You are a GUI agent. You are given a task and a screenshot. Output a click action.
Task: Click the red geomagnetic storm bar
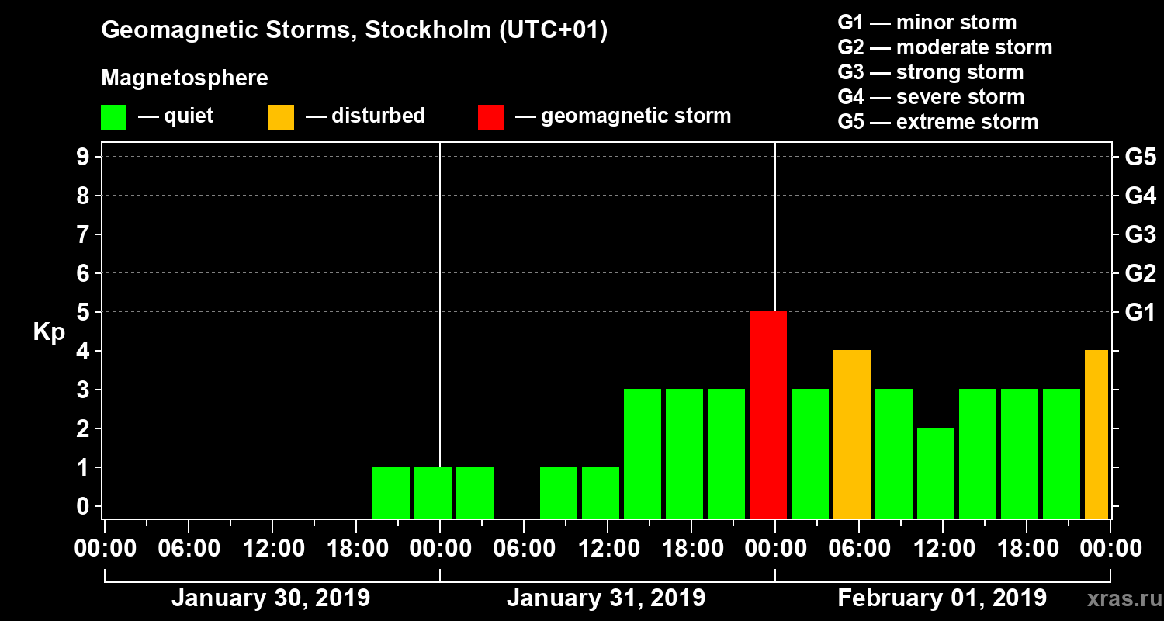768,415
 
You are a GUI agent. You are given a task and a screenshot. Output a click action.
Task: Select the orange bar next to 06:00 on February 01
852,434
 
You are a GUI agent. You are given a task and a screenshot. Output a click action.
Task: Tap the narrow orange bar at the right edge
1096,434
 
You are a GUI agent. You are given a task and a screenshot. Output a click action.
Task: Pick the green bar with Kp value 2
936,473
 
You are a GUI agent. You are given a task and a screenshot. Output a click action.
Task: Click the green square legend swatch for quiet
113,116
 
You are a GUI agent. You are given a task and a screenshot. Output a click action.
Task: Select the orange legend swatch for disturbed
281,116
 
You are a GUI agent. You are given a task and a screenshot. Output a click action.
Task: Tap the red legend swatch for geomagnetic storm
490,116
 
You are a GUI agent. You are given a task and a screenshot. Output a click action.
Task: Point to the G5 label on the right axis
1140,158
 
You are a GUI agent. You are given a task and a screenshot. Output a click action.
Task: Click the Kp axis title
49,332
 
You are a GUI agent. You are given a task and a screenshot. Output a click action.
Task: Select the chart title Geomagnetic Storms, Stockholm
354,30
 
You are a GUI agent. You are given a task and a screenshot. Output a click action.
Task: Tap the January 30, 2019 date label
270,598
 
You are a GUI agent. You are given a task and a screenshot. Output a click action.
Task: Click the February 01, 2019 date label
942,598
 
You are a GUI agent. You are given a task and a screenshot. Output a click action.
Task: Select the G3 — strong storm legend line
930,72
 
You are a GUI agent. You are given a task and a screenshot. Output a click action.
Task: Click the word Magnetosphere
185,78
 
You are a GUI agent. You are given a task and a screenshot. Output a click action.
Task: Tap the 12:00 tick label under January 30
272,548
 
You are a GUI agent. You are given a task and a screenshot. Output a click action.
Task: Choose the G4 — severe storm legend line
931,97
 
